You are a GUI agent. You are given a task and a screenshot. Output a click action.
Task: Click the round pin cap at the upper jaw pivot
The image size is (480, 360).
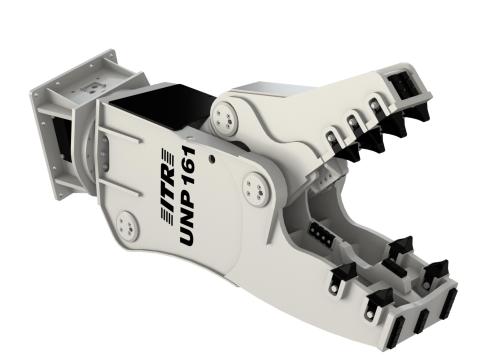(x=224, y=116)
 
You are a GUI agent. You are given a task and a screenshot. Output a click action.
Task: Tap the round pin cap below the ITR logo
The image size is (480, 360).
(x=127, y=226)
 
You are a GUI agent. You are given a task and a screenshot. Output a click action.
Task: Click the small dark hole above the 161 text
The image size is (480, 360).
(x=211, y=159)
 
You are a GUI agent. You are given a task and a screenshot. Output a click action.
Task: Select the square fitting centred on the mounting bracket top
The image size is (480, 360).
(x=90, y=88)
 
